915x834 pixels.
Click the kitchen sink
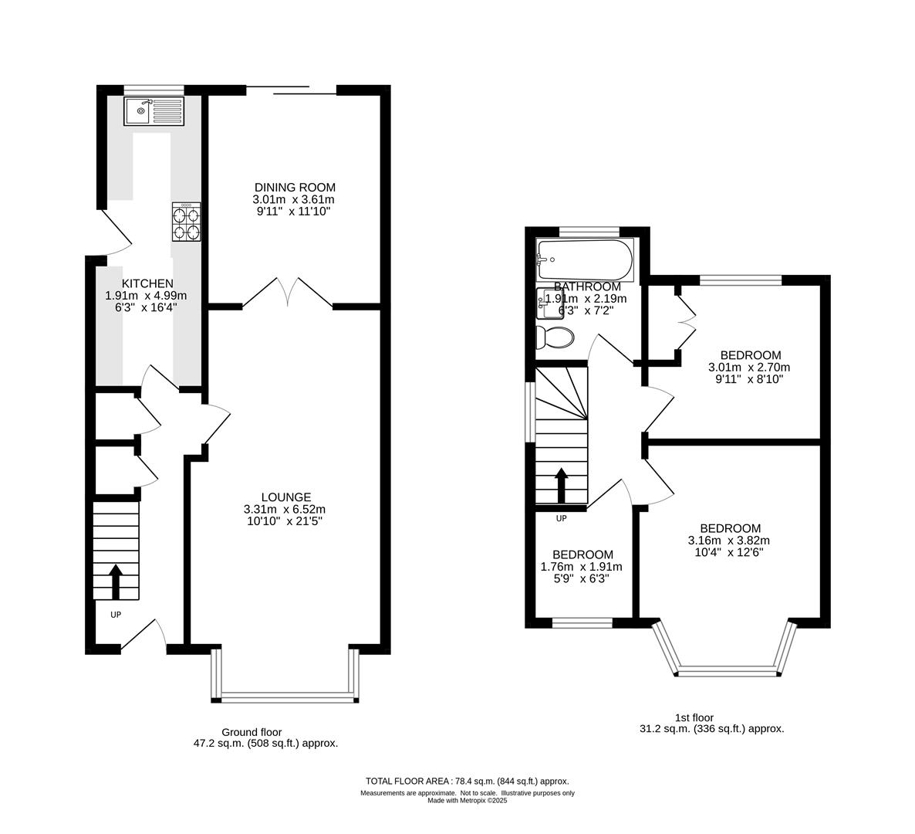point(154,111)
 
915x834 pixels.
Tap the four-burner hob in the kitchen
point(187,222)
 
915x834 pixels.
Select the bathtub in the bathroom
point(585,259)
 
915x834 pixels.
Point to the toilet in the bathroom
point(555,337)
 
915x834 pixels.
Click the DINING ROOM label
point(295,188)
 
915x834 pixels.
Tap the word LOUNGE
point(286,497)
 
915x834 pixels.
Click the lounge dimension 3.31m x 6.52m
point(285,509)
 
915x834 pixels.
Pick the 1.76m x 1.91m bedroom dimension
point(582,567)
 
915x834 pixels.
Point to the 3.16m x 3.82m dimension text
point(729,541)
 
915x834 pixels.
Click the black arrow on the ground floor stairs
point(116,581)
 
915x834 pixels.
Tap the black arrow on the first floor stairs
point(562,485)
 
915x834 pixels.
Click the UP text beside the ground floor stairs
point(116,615)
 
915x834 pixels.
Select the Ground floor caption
point(252,732)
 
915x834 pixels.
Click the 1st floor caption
point(694,717)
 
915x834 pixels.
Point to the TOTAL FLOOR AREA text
point(407,781)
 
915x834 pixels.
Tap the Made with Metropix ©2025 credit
point(468,801)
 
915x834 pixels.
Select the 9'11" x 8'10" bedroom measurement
point(749,379)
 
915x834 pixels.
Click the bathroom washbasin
point(550,303)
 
